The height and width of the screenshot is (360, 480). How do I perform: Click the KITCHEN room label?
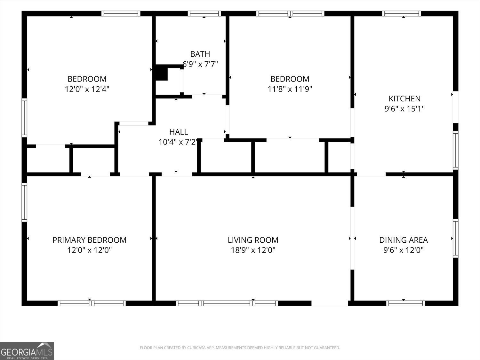tap(404, 99)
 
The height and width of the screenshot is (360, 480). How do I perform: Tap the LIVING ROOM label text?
tap(253, 240)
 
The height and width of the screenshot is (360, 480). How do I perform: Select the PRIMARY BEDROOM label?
tap(89, 240)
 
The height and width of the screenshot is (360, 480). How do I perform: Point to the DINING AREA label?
tap(404, 240)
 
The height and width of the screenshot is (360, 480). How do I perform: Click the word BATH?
tap(200, 54)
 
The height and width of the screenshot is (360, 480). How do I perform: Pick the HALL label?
tap(179, 132)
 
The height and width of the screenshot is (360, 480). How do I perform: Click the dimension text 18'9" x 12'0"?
tap(253, 250)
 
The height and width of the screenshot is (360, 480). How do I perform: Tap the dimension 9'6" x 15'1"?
tap(404, 109)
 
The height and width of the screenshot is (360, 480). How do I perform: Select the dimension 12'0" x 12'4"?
tap(87, 89)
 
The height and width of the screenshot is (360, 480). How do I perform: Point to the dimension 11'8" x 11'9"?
tap(290, 89)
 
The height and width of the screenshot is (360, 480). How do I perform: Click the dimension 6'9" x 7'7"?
tap(200, 64)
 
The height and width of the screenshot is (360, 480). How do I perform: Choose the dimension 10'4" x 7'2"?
tap(178, 142)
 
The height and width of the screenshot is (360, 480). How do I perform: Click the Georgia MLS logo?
tap(27, 351)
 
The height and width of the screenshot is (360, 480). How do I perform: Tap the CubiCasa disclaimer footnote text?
tap(240, 348)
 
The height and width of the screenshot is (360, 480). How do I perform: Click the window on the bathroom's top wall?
tap(204, 13)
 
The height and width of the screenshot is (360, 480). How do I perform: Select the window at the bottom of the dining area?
tap(405, 303)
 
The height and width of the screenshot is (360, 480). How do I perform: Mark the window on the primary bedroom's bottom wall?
tap(92, 303)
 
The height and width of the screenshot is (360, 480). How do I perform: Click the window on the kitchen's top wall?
tap(402, 13)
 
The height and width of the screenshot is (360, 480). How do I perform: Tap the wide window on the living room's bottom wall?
tap(227, 303)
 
